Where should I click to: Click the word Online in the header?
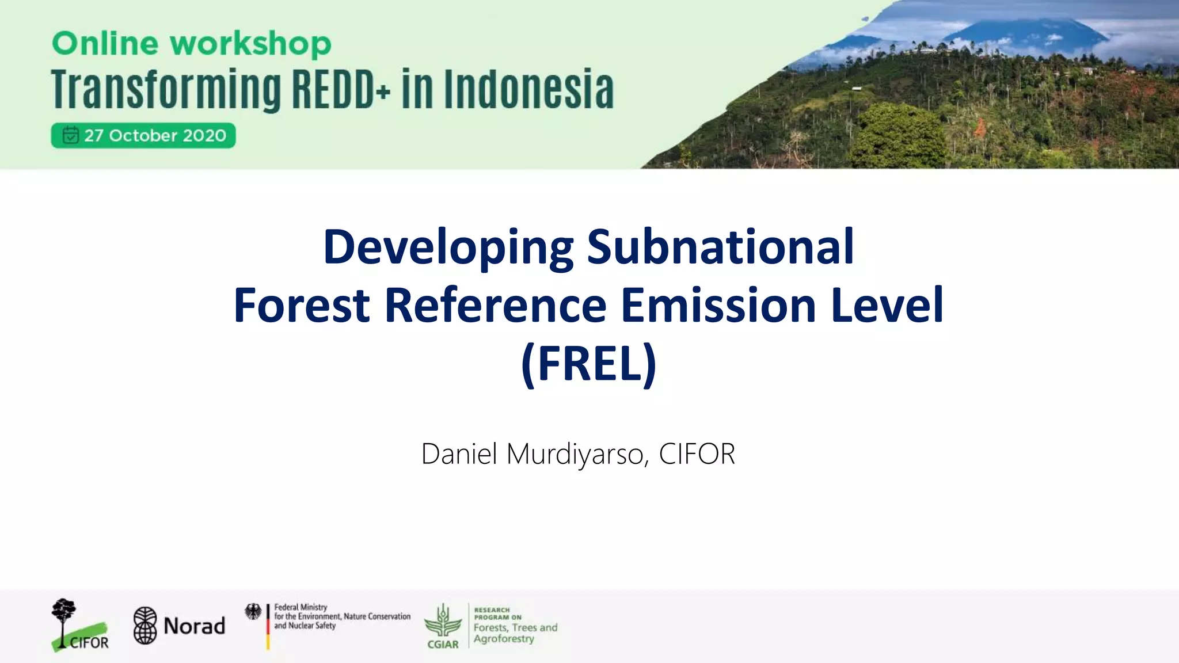pos(105,44)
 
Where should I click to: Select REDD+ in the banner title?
pos(341,89)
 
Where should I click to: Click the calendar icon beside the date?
pos(70,135)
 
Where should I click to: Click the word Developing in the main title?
pos(448,247)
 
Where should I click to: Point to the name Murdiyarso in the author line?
pos(577,454)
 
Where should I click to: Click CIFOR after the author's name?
pos(697,454)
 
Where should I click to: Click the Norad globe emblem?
pos(145,626)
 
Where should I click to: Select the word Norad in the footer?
pos(194,626)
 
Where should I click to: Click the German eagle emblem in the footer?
pos(253,612)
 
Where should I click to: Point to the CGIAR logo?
pos(443,626)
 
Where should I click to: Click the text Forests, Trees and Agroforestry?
pos(515,633)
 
